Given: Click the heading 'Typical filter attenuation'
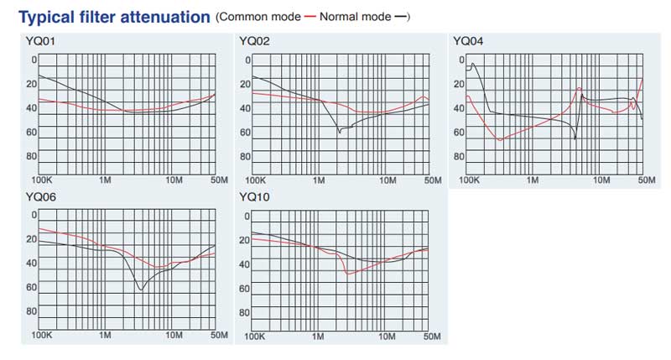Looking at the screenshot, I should tap(113, 16).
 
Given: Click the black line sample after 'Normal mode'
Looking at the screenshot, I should tap(400, 17).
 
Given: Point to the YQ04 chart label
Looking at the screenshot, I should tap(467, 40).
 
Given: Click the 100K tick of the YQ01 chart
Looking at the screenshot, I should tap(41, 180).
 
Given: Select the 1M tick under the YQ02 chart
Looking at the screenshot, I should tap(319, 180).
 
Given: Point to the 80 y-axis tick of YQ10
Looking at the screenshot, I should tap(244, 311).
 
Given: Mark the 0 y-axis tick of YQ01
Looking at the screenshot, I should tap(34, 60).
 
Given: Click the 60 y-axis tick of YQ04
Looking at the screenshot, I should tap(458, 132).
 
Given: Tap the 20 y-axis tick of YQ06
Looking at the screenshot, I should tap(31, 239).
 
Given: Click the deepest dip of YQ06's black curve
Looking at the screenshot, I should tap(140, 290).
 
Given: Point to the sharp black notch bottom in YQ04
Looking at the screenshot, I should tap(575, 138).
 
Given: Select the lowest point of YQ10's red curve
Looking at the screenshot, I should tap(347, 274).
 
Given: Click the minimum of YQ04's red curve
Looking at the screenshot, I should tap(502, 139).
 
